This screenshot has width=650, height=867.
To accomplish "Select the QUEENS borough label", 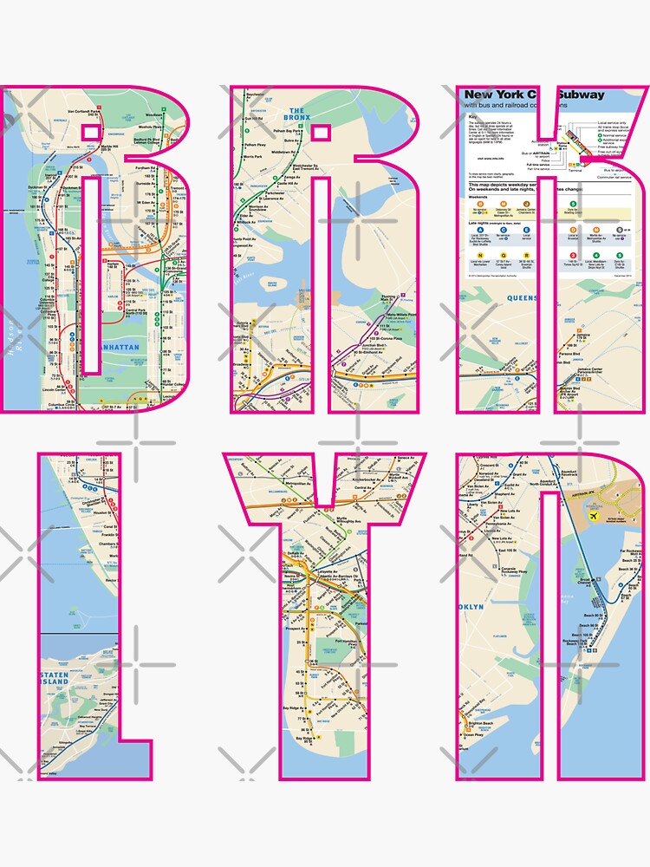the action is point(525,297).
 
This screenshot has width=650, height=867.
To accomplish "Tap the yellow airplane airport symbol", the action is point(597,515).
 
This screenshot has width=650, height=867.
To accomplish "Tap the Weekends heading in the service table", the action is point(482,194).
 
